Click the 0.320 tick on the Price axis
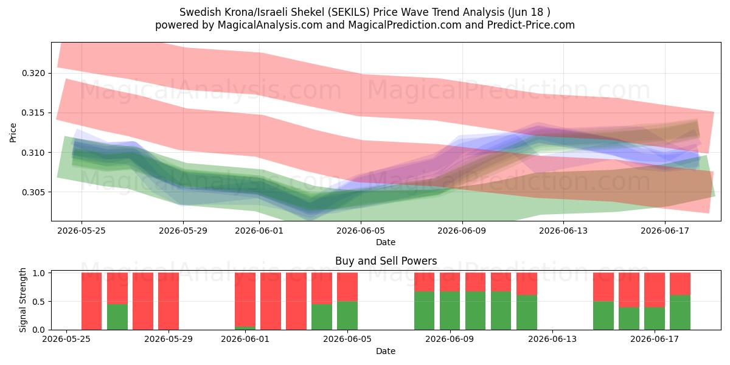click(33, 73)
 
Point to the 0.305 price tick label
click(33, 192)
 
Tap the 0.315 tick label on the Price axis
click(33, 113)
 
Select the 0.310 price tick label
click(33, 153)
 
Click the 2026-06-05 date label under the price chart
click(361, 231)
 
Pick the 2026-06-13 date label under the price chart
click(563, 231)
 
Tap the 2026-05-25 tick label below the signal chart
click(66, 339)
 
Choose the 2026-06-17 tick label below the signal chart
click(655, 339)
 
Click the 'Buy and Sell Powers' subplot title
click(386, 261)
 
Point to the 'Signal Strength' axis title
click(23, 300)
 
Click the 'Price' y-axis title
click(13, 133)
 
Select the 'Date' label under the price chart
click(386, 243)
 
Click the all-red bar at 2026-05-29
click(169, 301)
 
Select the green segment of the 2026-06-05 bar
click(347, 316)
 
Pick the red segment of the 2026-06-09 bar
click(450, 282)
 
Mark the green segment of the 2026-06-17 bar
click(655, 318)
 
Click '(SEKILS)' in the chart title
click(349, 12)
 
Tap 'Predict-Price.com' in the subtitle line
click(531, 25)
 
